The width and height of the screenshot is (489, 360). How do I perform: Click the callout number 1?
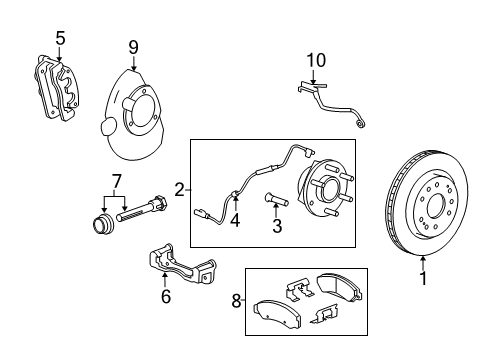pyautogui.click(x=422, y=279)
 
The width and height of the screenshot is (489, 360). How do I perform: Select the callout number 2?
pyautogui.click(x=180, y=187)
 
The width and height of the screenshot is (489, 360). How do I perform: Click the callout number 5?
pyautogui.click(x=60, y=38)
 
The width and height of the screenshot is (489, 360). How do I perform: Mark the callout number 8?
pyautogui.click(x=236, y=300)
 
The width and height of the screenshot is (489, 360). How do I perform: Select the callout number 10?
pyautogui.click(x=316, y=60)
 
